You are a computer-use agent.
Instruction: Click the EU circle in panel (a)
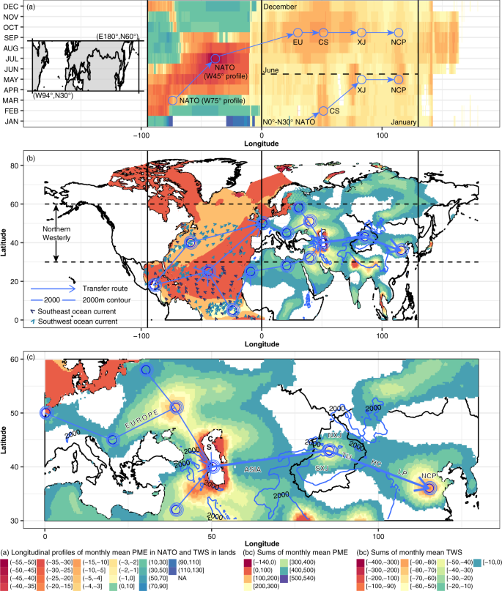[298, 32]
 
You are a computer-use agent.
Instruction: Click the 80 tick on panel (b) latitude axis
[22, 168]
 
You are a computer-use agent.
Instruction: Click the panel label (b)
[32, 158]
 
